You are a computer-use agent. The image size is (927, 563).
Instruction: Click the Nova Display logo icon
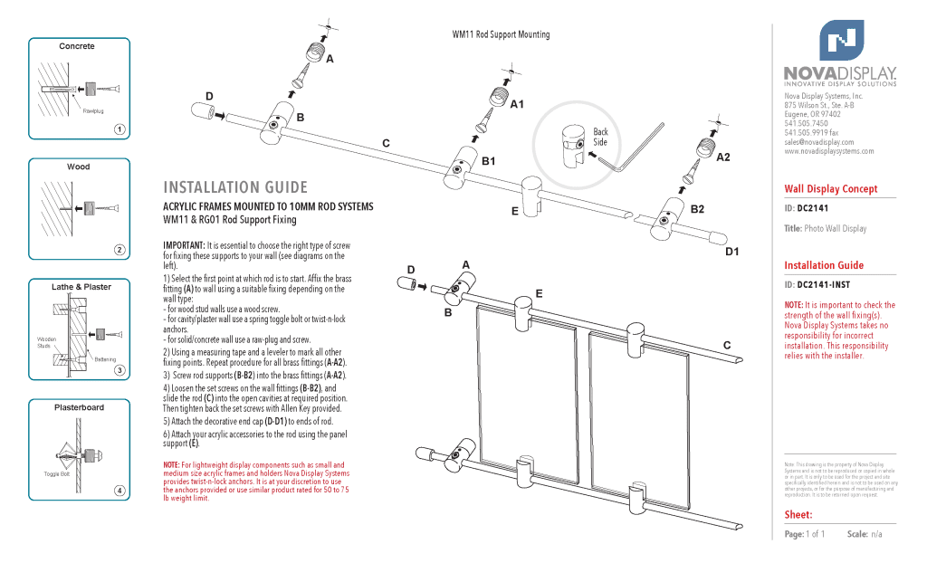coord(841,40)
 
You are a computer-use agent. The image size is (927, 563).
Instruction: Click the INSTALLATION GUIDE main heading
coord(235,187)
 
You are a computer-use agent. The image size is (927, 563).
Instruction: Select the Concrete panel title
coord(77,46)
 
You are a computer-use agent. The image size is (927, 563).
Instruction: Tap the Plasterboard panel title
coord(80,407)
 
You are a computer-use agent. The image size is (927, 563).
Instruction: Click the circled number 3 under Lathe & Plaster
coord(119,368)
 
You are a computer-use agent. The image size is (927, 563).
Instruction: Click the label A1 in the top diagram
coord(517,105)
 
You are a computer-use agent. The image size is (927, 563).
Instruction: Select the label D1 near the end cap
coord(732,251)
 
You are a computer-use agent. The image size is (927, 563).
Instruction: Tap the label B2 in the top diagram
coord(697,209)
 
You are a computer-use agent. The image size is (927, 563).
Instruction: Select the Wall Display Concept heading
coord(830,188)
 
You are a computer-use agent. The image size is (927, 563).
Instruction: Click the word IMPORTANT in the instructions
coord(184,245)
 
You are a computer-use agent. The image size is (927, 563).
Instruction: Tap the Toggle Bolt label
coord(57,474)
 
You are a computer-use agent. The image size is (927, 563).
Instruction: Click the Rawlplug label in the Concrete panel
coord(93,110)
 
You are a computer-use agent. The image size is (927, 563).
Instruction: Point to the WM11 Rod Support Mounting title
coord(501,34)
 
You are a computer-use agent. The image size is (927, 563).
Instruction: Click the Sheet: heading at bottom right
coord(798,514)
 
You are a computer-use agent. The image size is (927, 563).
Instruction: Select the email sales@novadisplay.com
coord(818,142)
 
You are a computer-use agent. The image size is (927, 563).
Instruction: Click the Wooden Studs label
coord(46,342)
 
